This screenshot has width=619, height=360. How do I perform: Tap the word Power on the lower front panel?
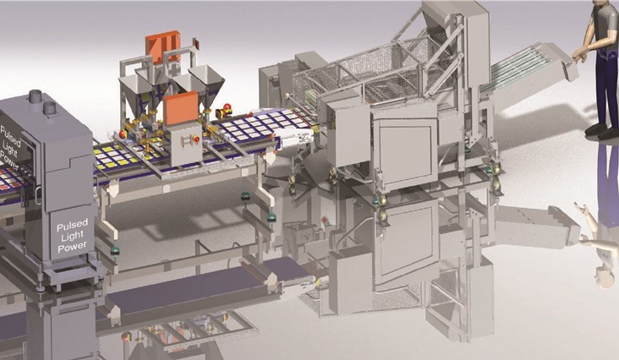point(72,246)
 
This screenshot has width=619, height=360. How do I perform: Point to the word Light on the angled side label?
point(10,147)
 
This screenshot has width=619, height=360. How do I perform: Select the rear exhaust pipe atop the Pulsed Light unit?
point(36,96)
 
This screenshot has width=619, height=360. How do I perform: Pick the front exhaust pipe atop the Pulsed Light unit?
point(50,108)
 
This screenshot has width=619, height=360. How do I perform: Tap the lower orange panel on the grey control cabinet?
point(180,108)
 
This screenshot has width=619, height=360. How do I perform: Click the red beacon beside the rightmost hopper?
point(227,107)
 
